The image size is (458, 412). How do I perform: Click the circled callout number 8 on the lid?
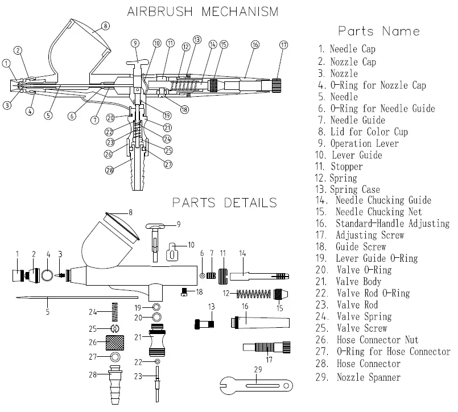[105, 26]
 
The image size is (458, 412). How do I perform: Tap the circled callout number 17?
[284, 45]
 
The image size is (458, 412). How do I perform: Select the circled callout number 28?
[109, 170]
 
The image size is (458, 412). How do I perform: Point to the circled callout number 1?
[6, 63]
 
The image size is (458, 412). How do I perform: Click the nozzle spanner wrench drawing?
[256, 386]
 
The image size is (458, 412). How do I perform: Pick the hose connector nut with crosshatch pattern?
[114, 343]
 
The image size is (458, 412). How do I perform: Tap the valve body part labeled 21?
[157, 340]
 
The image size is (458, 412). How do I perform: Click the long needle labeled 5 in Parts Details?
[77, 298]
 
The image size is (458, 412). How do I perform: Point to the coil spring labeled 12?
[254, 294]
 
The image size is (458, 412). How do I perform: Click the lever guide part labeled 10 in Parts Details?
[172, 252]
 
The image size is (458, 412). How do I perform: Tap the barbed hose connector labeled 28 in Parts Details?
[115, 385]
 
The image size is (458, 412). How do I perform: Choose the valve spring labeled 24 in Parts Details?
[115, 312]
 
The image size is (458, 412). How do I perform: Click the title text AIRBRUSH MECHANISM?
[203, 12]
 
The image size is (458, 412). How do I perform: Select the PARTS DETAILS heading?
[224, 203]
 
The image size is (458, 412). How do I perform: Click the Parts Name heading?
[379, 31]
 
